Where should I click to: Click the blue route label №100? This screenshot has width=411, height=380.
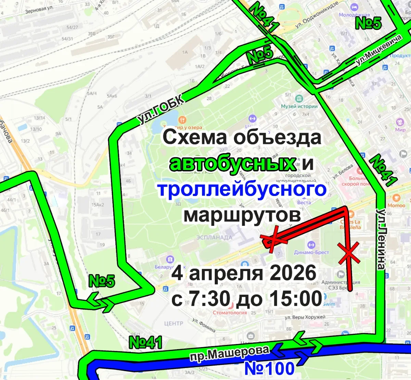[269, 368]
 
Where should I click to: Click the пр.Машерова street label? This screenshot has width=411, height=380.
[229, 353]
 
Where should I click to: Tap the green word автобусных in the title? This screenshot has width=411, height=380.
[233, 163]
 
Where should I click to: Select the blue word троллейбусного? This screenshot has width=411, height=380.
[242, 189]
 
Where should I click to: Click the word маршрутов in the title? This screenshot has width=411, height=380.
[242, 215]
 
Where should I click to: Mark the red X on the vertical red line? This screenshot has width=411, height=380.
[349, 253]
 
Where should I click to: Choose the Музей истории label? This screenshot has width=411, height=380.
[299, 106]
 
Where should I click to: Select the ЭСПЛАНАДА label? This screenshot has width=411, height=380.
[214, 237]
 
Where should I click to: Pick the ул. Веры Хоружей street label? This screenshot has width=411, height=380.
[305, 317]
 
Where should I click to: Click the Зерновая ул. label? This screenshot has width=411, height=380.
[39, 10]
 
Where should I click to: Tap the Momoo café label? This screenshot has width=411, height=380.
[396, 205]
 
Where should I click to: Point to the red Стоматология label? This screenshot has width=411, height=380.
[229, 312]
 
